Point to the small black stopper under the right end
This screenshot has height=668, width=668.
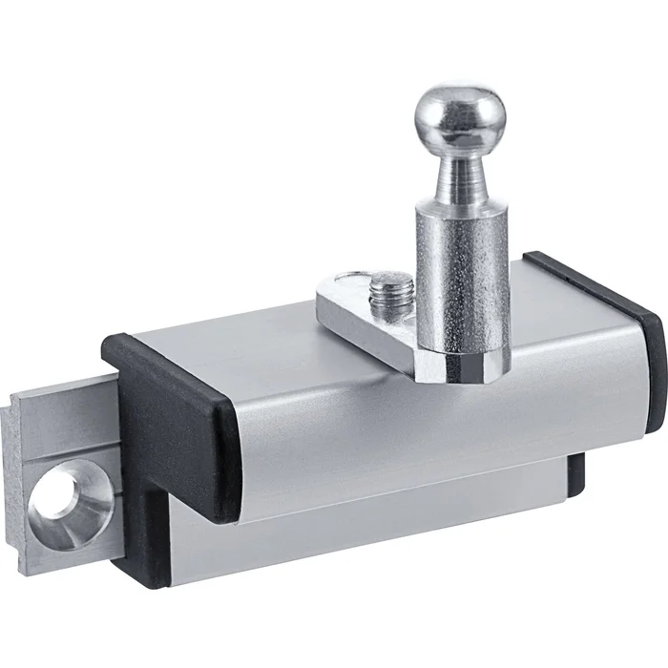pos(576,473)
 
